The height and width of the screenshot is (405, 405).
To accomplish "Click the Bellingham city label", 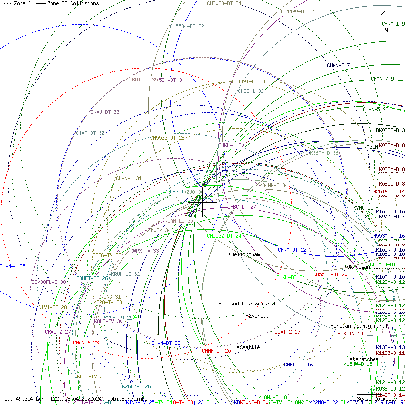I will (245, 255).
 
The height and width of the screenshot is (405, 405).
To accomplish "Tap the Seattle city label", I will (250, 347).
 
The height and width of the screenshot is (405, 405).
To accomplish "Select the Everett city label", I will (259, 316).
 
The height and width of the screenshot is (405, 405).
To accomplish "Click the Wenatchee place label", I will (365, 359).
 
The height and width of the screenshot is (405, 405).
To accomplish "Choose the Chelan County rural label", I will (361, 326).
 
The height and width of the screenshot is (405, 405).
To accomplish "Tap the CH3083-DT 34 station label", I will (224, 3).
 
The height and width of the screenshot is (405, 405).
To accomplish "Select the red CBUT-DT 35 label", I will (143, 80).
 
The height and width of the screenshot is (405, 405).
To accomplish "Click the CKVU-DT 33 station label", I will (105, 112).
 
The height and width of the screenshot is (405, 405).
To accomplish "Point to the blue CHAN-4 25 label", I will (13, 266).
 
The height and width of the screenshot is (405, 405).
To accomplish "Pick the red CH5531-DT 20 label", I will (330, 274).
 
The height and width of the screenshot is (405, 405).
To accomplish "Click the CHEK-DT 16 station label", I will (298, 364).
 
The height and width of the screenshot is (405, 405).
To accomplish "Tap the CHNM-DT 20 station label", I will (216, 351).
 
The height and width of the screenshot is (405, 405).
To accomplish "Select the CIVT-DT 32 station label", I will (90, 133).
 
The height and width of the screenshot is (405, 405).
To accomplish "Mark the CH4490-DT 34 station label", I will (297, 11).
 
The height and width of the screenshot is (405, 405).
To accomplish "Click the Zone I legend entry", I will (18, 3).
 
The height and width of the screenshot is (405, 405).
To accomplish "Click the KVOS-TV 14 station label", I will (349, 334).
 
